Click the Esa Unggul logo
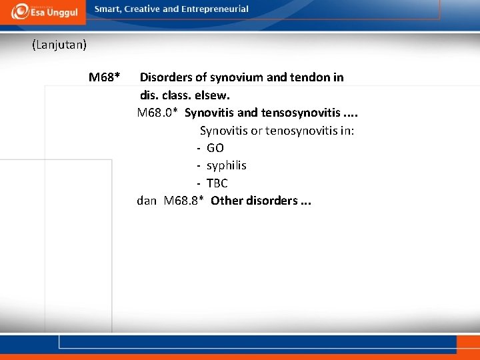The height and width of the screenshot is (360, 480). point(44,11)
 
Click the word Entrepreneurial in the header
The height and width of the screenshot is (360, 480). point(215,9)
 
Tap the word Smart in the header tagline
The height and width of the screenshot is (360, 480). point(108,9)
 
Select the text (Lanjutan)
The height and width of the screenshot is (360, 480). point(59,45)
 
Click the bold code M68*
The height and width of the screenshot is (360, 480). point(104,77)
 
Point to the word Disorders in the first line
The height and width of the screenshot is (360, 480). point(165,77)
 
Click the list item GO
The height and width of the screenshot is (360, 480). point(215,148)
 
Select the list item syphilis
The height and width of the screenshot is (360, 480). point(226,165)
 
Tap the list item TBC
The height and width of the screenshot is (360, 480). point(217,183)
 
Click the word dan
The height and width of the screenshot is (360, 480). point(147,201)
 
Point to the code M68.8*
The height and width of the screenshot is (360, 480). point(183,201)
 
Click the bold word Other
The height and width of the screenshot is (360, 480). point(226,201)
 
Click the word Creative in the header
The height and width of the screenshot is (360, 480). point(140,9)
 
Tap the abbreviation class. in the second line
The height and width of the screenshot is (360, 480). point(177,95)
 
